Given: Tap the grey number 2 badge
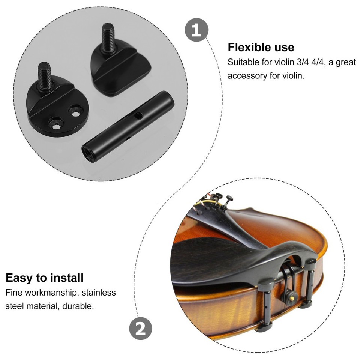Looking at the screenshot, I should pos(141,330).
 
